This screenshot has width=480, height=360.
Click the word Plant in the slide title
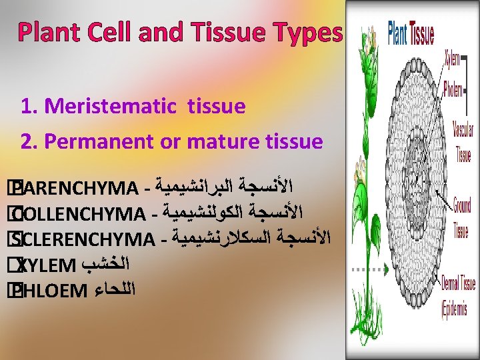pos(48,32)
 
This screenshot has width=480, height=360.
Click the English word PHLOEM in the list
pos(53,290)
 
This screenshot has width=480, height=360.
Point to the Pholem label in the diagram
pos(453,90)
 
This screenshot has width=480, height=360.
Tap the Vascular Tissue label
pos(463,142)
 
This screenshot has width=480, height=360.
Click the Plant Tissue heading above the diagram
pos(411,34)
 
